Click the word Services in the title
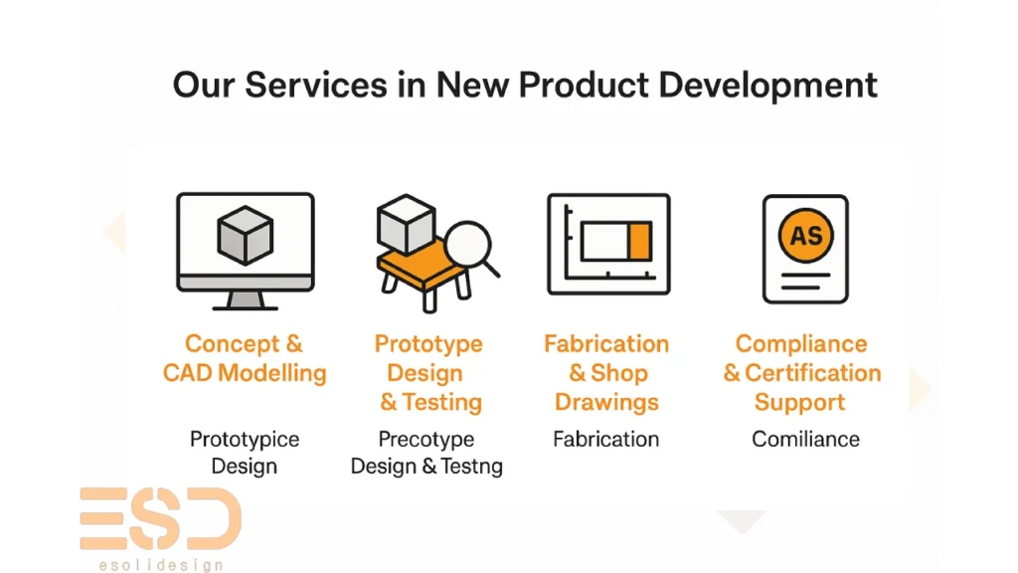(x=315, y=86)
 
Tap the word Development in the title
(x=767, y=87)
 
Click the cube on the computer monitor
(x=245, y=235)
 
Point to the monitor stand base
(x=246, y=306)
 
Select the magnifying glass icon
(x=471, y=248)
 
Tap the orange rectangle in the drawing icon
(x=639, y=241)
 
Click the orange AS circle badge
(x=805, y=235)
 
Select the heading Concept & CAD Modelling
(x=245, y=358)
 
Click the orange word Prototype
(x=428, y=344)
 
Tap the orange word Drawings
(x=606, y=402)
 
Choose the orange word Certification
(x=813, y=373)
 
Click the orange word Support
(x=800, y=403)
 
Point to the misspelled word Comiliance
(x=805, y=439)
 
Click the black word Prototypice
(x=245, y=440)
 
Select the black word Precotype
(x=425, y=440)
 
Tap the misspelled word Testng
(x=472, y=467)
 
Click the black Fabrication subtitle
(x=605, y=439)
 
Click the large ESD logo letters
(x=160, y=518)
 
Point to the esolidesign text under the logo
(x=161, y=565)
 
